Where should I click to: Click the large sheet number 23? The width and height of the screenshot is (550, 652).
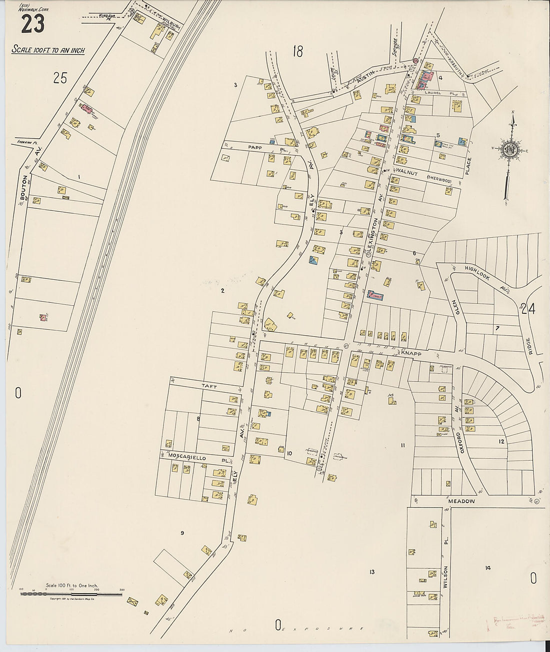[x=32, y=23]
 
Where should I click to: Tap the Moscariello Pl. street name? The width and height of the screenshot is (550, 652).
[x=197, y=457]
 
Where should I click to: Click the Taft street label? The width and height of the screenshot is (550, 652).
[x=208, y=386]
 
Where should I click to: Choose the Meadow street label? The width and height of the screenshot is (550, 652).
[x=460, y=501]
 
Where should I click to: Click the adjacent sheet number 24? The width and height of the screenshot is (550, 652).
[x=527, y=309]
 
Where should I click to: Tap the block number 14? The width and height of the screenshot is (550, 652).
[x=487, y=568]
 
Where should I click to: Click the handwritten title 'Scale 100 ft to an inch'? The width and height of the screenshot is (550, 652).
[x=48, y=50]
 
